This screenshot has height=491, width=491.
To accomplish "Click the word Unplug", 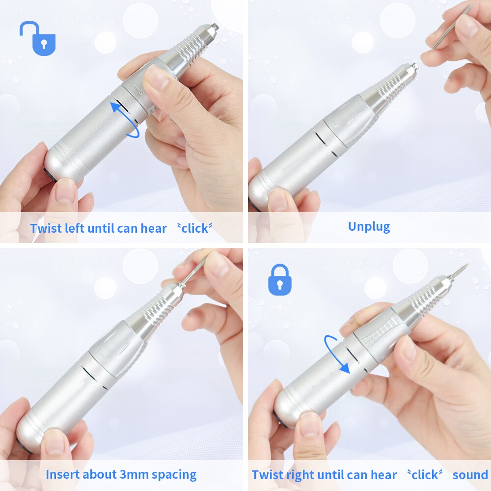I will [x=369, y=226].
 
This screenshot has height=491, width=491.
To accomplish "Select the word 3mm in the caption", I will [x=132, y=475].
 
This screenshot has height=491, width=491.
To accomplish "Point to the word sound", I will [x=470, y=475].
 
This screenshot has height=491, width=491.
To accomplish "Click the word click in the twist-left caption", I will [x=195, y=228].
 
